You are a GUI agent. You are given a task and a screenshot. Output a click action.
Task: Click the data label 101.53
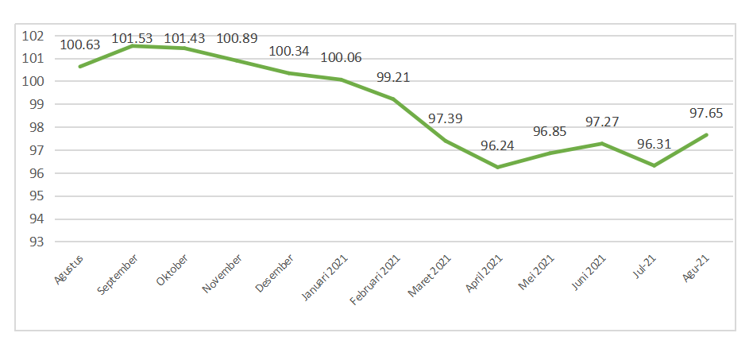point(133,38)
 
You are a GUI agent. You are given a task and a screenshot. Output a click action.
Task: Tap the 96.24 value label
point(497,146)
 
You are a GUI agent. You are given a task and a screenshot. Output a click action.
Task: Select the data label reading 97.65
point(706,114)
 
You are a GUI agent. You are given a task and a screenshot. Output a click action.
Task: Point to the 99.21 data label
point(393,79)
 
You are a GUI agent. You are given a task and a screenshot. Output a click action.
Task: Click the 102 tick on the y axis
point(33,36)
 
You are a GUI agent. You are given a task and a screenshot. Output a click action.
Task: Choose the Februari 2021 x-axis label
point(375,278)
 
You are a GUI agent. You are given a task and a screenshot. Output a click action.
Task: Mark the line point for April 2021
point(497,167)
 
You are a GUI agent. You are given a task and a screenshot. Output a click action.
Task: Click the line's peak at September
point(133,46)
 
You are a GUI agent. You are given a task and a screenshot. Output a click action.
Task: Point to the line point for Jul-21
point(654,165)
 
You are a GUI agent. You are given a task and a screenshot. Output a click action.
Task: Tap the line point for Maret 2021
point(446,141)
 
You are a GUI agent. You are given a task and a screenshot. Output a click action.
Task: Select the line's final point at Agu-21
point(706,134)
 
